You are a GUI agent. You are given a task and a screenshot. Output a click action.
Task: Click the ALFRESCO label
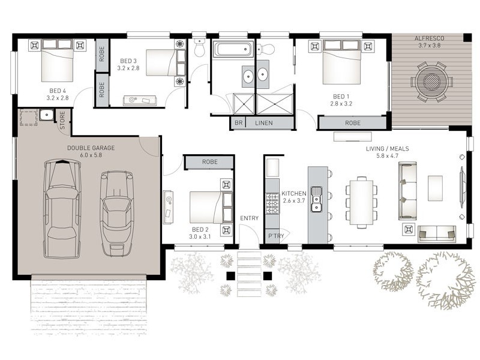(x=429, y=38)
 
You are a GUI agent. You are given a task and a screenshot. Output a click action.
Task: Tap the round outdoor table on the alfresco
(x=431, y=82)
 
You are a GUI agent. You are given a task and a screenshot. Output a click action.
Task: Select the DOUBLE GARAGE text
(x=91, y=148)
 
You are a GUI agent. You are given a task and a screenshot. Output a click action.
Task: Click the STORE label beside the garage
(x=62, y=121)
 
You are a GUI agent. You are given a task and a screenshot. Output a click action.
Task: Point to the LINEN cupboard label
(x=264, y=123)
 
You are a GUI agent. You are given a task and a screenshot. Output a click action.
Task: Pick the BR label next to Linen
(x=238, y=123)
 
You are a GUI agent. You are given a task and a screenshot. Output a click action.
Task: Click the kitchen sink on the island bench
(x=316, y=199)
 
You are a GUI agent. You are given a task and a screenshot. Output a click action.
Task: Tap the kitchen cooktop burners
(x=272, y=203)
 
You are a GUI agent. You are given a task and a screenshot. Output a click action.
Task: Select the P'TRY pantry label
(x=276, y=236)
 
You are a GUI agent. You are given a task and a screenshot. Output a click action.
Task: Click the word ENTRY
(x=249, y=218)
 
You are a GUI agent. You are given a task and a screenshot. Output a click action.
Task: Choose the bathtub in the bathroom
(x=233, y=50)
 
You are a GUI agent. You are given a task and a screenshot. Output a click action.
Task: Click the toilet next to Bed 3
(x=199, y=47)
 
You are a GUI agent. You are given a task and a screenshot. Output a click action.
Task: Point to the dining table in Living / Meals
(x=362, y=202)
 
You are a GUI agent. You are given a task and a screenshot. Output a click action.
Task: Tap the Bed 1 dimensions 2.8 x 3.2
(x=341, y=104)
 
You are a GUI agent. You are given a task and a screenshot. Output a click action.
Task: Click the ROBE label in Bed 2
(x=209, y=162)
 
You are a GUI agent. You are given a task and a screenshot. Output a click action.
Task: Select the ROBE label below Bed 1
(x=353, y=123)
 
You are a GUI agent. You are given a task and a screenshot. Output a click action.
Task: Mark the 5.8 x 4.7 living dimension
(x=387, y=156)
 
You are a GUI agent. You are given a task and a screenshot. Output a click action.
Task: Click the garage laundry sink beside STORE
(x=47, y=115)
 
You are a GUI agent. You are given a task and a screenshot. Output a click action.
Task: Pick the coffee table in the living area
(x=435, y=188)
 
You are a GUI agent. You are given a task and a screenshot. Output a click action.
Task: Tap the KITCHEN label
(x=294, y=193)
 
